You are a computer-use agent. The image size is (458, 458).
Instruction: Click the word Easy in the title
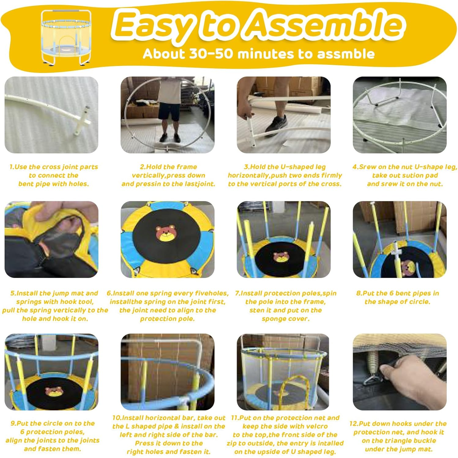coord(155,26)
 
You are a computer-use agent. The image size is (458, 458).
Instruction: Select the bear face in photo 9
coord(54,391)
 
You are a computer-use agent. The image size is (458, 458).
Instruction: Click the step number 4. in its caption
coord(355,167)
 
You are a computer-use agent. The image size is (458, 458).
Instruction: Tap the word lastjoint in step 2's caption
coord(200,184)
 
